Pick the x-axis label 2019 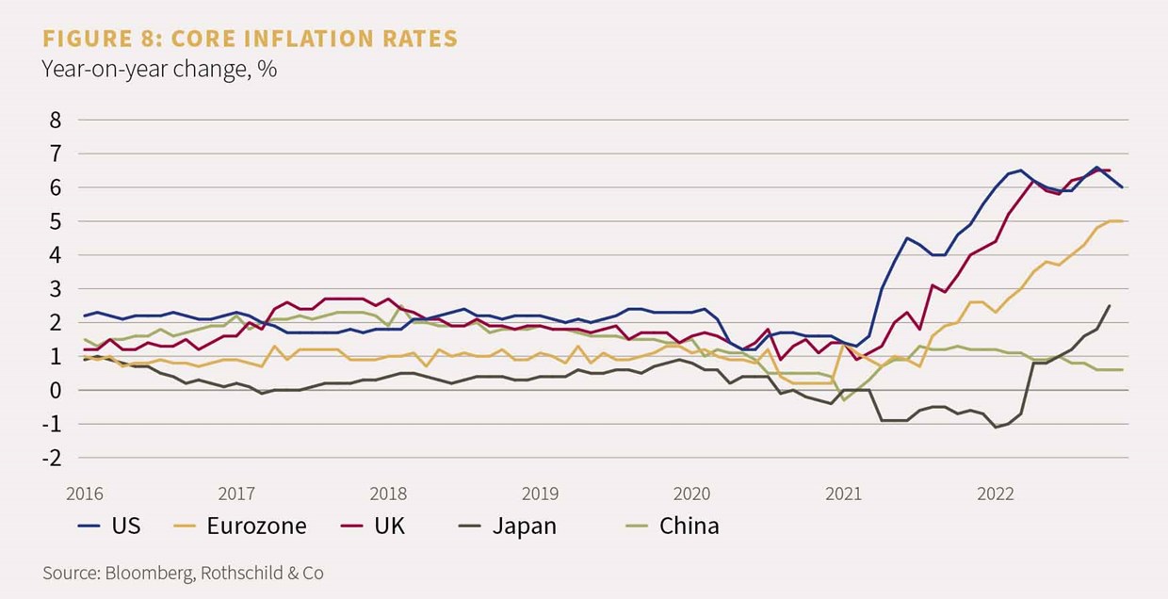click(540, 494)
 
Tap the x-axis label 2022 click(996, 494)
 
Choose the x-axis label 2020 click(691, 494)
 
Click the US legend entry click(125, 526)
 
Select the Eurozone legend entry click(256, 526)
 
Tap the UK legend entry click(390, 526)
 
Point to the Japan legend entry click(524, 526)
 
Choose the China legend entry click(689, 526)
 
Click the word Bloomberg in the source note click(141, 573)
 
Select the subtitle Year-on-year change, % click(158, 69)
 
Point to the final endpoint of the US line click(1122, 186)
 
